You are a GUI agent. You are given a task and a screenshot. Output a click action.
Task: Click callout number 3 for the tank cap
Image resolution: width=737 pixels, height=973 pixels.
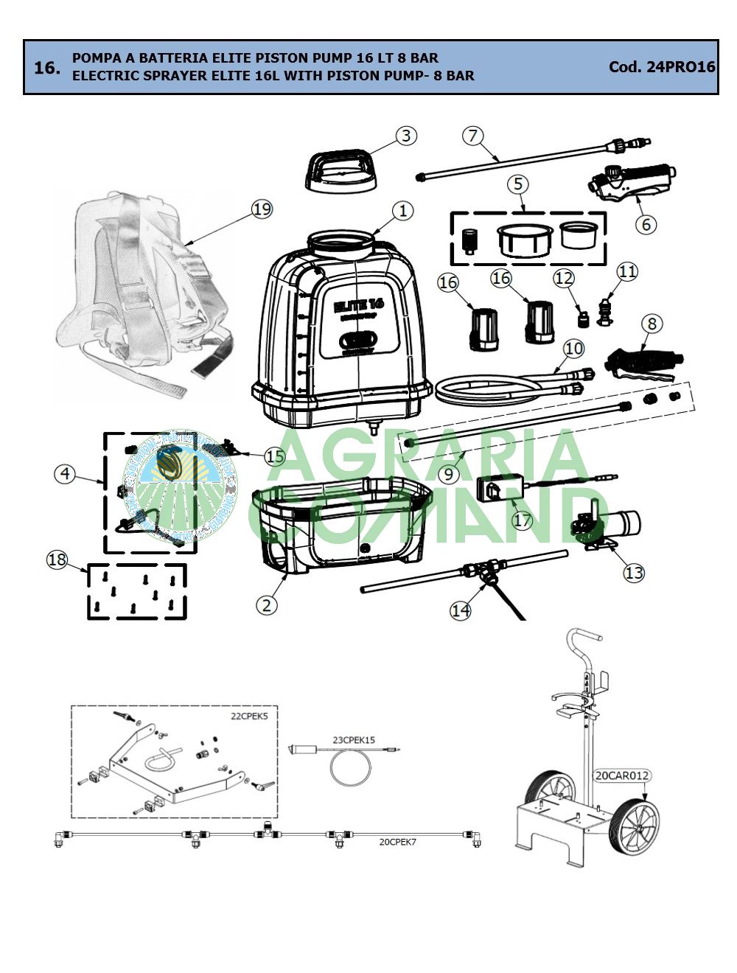[x=405, y=136]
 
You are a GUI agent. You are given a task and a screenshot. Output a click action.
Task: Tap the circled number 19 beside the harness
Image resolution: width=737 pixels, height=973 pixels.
[x=262, y=209]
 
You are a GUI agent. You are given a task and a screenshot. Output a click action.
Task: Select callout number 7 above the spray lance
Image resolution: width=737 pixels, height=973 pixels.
[x=473, y=136]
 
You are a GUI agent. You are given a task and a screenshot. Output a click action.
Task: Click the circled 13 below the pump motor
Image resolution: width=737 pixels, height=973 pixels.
[x=634, y=573]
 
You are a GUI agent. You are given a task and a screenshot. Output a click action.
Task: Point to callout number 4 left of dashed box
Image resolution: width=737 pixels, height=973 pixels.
[x=66, y=473]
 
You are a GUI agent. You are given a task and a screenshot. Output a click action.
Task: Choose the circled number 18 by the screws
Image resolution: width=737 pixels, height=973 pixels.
[x=57, y=559]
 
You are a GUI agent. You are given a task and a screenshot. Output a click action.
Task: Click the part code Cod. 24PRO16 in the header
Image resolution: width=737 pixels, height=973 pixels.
[x=661, y=67]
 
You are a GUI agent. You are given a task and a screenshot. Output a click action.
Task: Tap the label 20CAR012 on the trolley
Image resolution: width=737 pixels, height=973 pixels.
[x=622, y=775]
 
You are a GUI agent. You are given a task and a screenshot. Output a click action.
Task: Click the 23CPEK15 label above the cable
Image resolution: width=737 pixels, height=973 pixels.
[x=354, y=739]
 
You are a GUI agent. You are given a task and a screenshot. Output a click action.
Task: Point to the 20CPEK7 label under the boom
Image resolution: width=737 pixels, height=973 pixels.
[x=397, y=841]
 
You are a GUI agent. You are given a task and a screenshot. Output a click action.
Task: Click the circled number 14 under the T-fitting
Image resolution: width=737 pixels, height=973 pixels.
[x=460, y=610]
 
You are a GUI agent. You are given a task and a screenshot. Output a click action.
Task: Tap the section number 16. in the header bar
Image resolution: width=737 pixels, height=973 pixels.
[x=47, y=68]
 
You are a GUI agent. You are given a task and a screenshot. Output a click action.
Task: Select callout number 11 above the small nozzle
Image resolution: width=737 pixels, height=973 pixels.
[x=627, y=271]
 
